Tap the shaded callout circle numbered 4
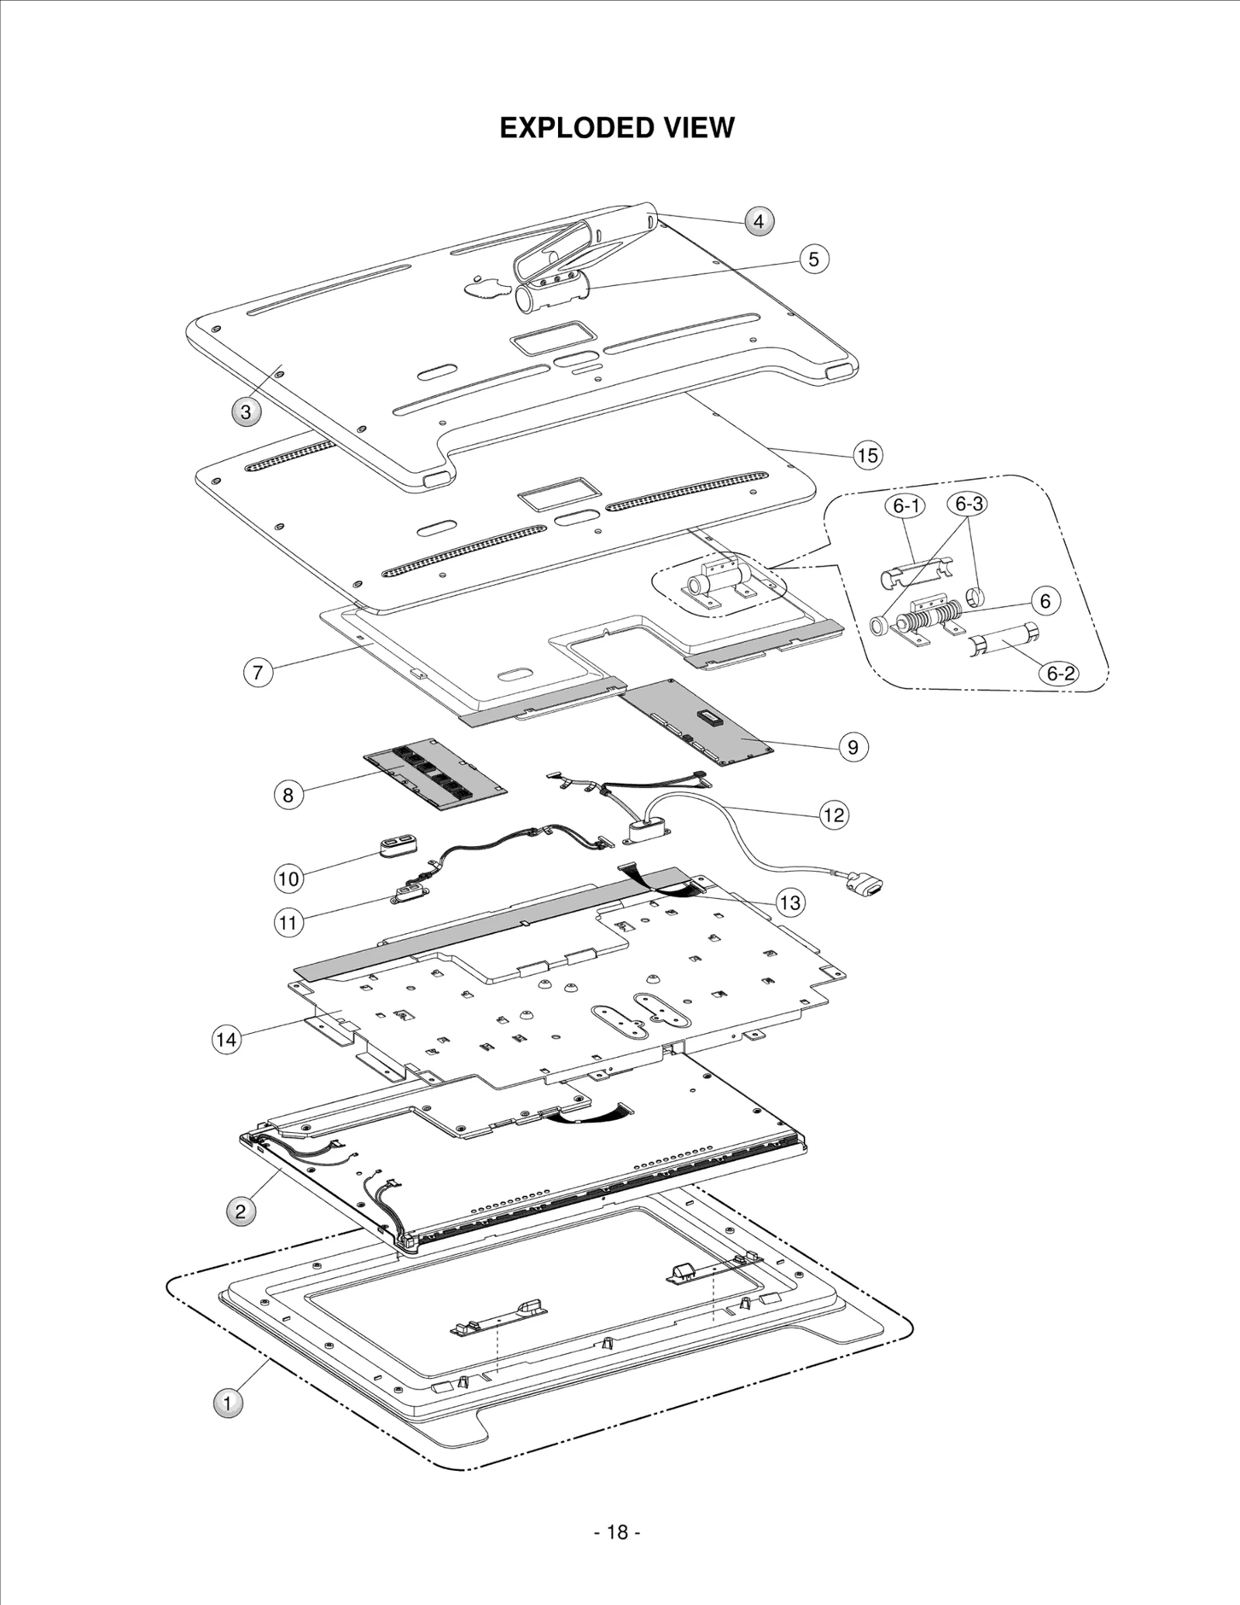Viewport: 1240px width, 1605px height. [x=759, y=222]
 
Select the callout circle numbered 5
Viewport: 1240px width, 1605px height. [x=813, y=259]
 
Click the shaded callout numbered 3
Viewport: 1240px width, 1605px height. [x=246, y=412]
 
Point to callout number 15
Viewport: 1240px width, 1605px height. [x=867, y=455]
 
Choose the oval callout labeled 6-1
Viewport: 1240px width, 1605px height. [x=905, y=507]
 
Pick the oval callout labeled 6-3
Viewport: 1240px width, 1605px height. [x=967, y=505]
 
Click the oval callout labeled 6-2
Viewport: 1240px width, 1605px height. [x=1061, y=673]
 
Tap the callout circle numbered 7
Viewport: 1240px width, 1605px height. [x=258, y=672]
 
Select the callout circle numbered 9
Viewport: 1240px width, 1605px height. [x=852, y=747]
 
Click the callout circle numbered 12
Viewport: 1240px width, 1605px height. [x=833, y=815]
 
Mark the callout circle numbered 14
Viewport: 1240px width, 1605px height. [x=226, y=1039]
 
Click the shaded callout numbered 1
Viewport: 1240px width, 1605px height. [x=227, y=1403]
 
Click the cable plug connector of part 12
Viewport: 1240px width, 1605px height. [x=866, y=883]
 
